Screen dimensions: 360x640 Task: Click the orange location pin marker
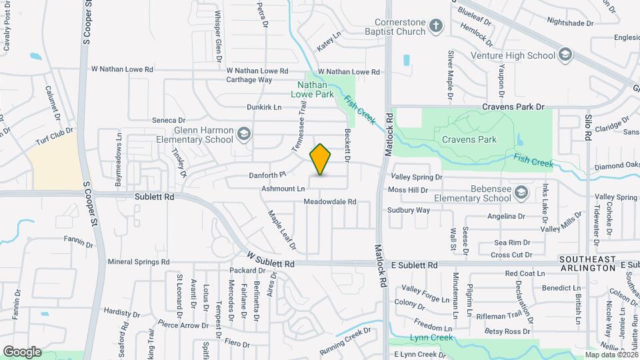321,159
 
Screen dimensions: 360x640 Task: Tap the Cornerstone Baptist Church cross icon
436,26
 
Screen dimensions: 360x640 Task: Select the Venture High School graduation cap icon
565,54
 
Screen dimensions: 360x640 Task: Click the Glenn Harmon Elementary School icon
244,135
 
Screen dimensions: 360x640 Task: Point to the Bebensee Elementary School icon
521,193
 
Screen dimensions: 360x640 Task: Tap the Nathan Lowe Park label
315,90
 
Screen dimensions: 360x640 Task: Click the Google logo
22,351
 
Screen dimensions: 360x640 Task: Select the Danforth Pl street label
267,175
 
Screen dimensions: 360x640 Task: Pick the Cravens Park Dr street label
513,107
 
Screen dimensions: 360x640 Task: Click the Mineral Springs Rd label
139,262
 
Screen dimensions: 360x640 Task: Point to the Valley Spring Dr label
417,177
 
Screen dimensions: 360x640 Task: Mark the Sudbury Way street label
409,210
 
